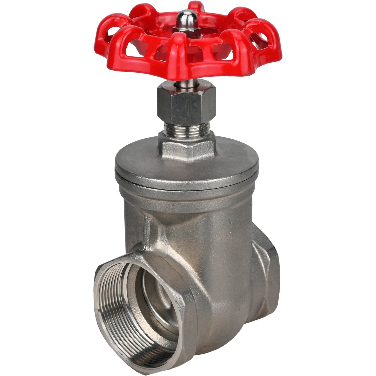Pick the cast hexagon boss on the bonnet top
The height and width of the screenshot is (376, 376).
(x=187, y=148)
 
